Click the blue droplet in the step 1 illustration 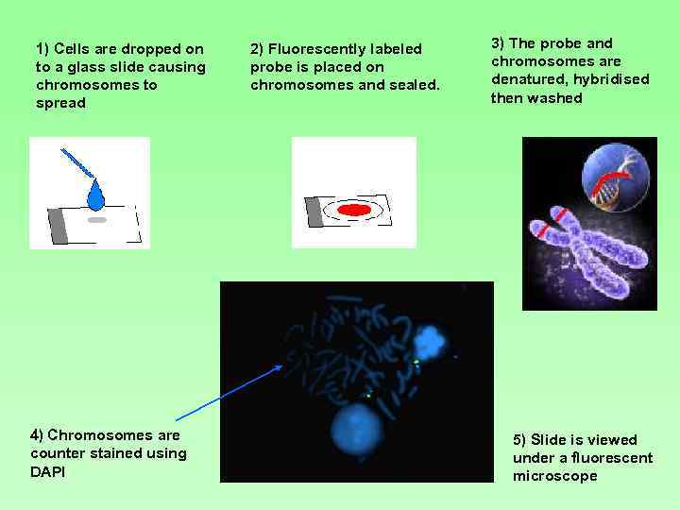[x=95, y=196]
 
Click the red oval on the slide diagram [x=354, y=210]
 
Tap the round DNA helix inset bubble [x=615, y=178]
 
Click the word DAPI [x=47, y=471]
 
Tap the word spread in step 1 [x=60, y=103]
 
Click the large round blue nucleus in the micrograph [x=357, y=429]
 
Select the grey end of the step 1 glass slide [x=58, y=225]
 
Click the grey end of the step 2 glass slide [x=314, y=212]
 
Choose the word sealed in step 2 [x=416, y=85]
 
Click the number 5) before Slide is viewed [x=519, y=440]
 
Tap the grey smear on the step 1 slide [x=97, y=219]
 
